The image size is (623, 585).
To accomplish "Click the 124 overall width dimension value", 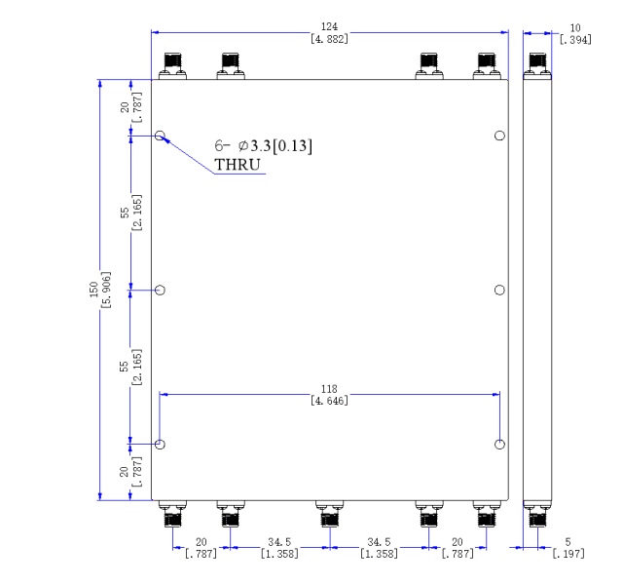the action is pyautogui.click(x=329, y=26).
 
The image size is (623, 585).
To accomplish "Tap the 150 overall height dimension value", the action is pyautogui.click(x=93, y=290).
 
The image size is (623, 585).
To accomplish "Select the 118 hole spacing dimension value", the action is pyautogui.click(x=329, y=389).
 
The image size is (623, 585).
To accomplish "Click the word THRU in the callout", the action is pyautogui.click(x=238, y=165).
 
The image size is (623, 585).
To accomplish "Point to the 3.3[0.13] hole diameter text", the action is pyautogui.click(x=281, y=145).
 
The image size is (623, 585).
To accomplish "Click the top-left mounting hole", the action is pyautogui.click(x=160, y=136).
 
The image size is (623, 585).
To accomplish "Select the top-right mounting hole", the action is pyautogui.click(x=499, y=136).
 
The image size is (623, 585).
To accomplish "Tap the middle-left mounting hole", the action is pyautogui.click(x=160, y=291).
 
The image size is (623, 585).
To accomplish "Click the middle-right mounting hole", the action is pyautogui.click(x=499, y=291).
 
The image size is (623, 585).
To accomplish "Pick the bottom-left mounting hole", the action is pyautogui.click(x=160, y=445).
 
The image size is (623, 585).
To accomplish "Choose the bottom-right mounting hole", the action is pyautogui.click(x=499, y=445).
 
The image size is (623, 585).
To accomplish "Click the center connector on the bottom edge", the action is pyautogui.click(x=330, y=514).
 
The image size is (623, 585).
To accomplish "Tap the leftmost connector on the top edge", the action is pyautogui.click(x=173, y=66).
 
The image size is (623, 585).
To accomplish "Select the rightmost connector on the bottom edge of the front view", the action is pyautogui.click(x=487, y=514).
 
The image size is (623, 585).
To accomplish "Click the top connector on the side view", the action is pyautogui.click(x=537, y=66).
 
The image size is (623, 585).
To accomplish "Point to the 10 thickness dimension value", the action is pyautogui.click(x=575, y=28).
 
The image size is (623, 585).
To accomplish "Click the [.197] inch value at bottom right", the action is pyautogui.click(x=568, y=554).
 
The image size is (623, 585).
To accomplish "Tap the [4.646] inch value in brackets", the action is pyautogui.click(x=329, y=401).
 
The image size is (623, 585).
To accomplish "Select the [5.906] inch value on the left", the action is pyautogui.click(x=106, y=290).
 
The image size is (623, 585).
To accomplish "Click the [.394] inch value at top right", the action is pyautogui.click(x=575, y=40).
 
